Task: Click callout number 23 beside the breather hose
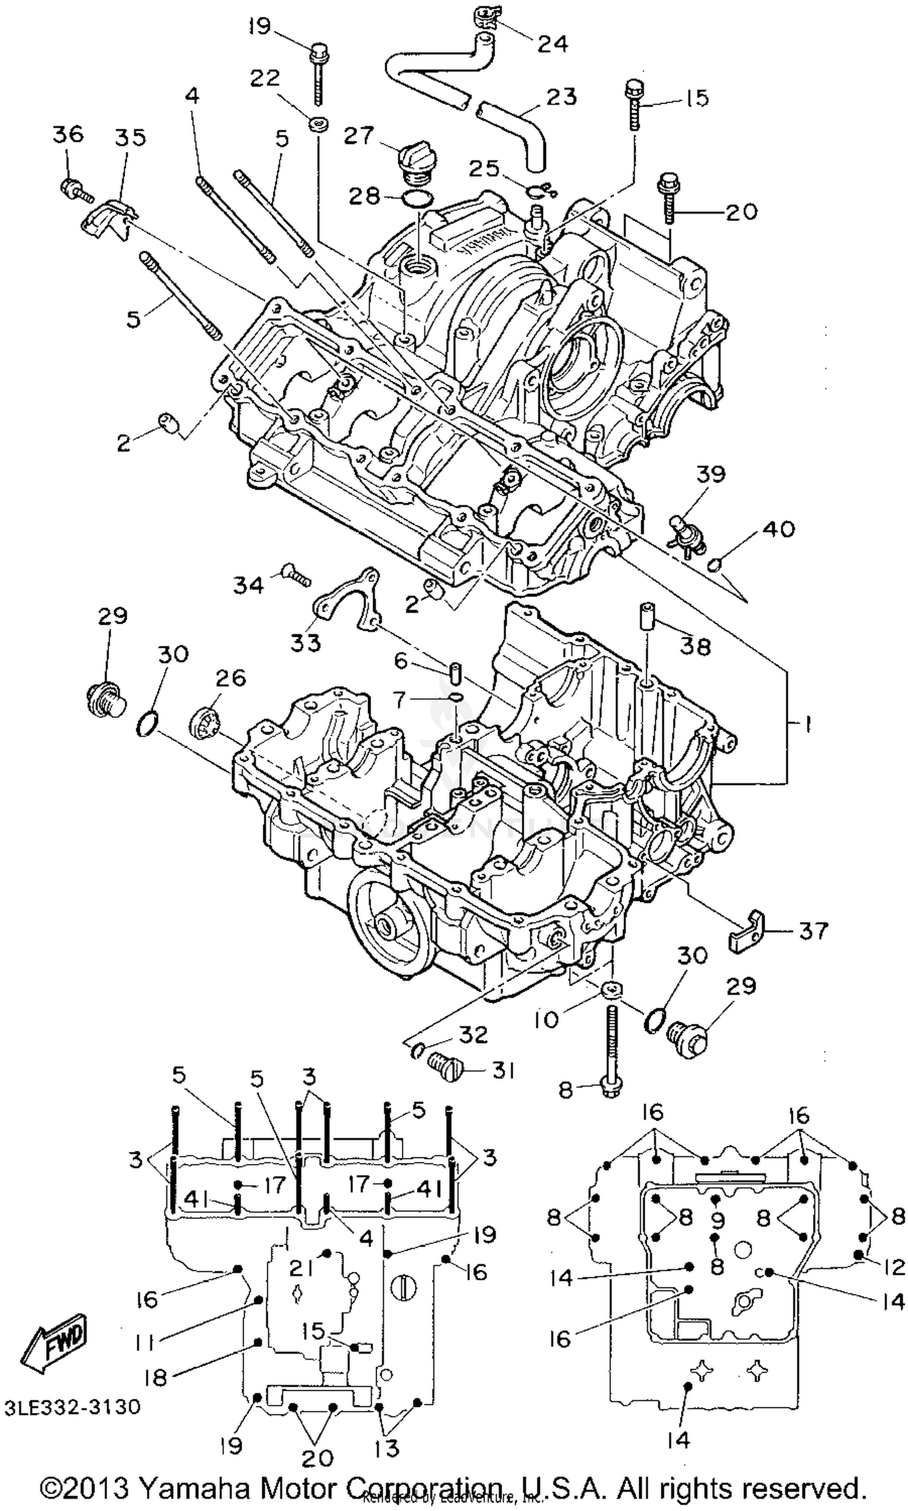coord(562,96)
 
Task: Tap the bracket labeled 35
coord(108,217)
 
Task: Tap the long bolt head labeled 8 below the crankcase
coord(610,1089)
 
